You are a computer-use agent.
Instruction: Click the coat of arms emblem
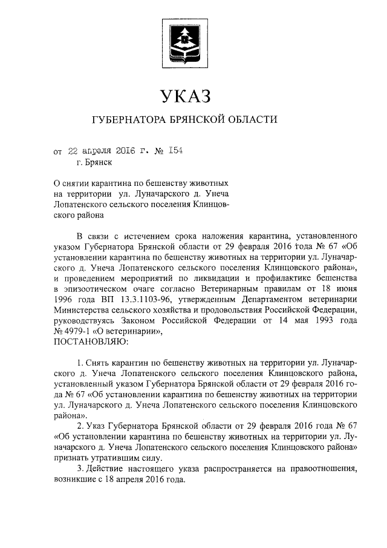184,41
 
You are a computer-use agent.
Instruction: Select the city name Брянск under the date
98,162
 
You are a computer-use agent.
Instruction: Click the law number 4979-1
82,332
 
